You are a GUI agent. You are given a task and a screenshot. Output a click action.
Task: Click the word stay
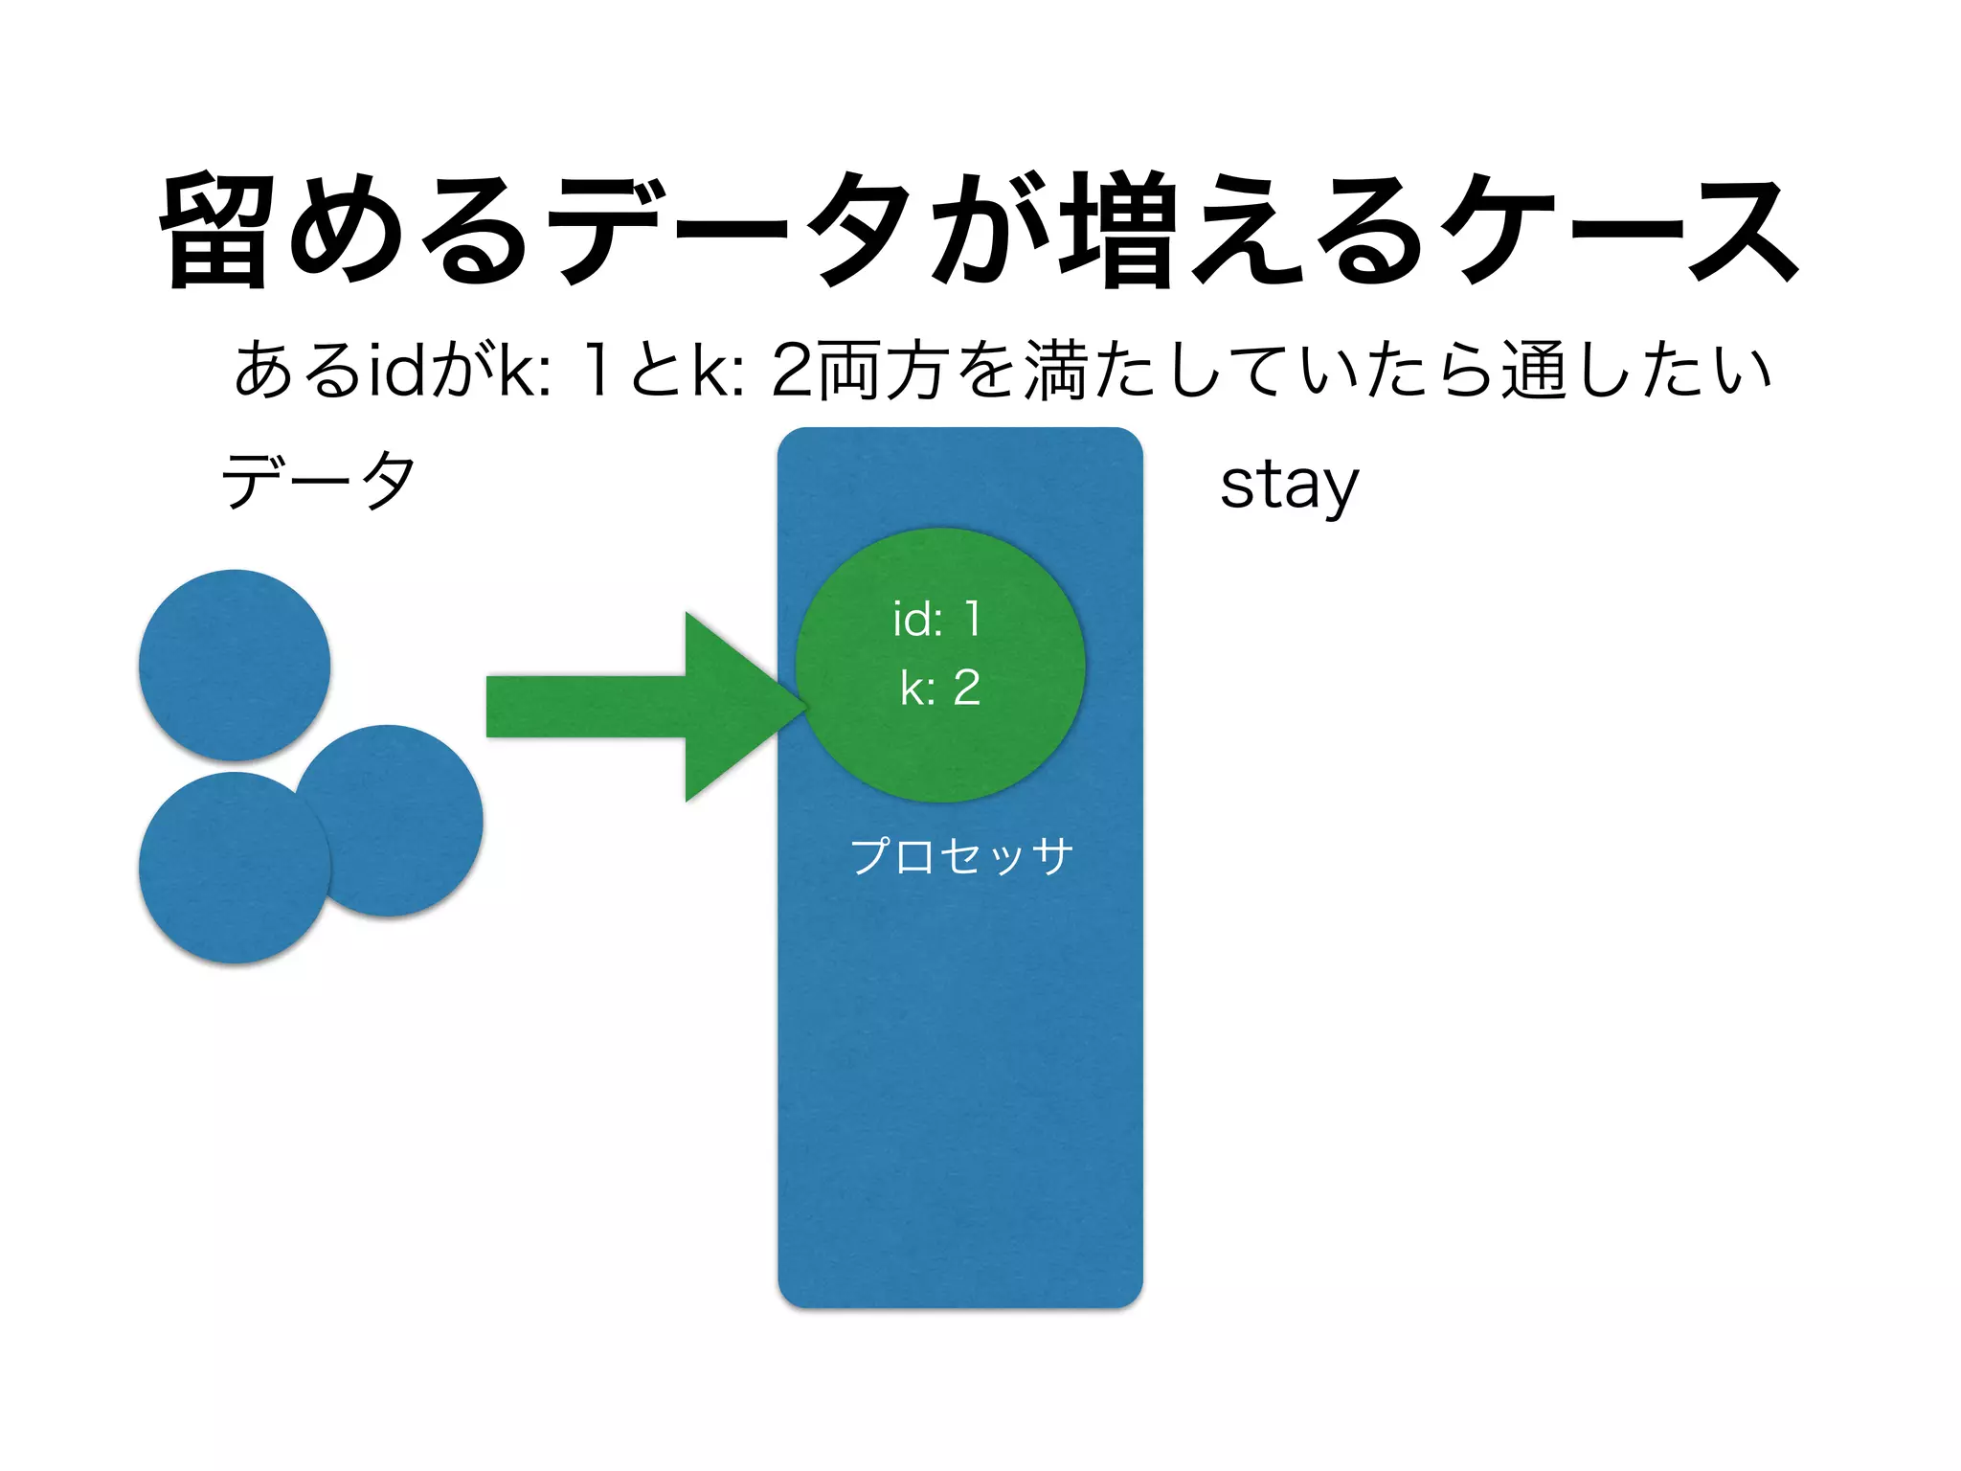point(1289,486)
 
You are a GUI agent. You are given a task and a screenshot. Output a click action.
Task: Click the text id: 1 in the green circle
point(936,619)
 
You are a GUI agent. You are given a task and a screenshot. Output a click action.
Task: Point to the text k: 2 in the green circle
point(940,688)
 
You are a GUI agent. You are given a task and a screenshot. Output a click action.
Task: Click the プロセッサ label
point(960,855)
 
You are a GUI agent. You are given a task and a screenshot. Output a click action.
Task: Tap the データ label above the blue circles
point(318,480)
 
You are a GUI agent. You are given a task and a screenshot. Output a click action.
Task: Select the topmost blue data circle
point(235,665)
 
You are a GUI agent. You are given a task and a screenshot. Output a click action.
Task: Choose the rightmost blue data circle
point(402,820)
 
